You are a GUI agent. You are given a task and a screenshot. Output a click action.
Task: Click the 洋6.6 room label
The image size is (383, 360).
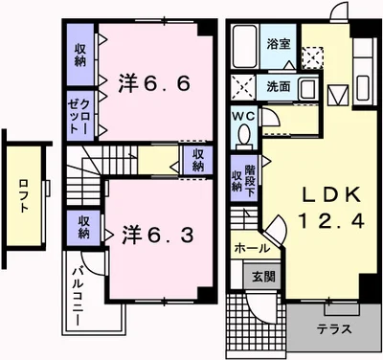tap(154, 83)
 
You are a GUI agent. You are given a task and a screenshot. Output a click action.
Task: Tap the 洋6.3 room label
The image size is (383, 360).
tap(158, 236)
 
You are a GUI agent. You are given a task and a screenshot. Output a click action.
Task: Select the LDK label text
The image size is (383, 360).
tap(332, 193)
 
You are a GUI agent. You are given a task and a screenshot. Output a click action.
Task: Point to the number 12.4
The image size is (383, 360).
tap(332, 220)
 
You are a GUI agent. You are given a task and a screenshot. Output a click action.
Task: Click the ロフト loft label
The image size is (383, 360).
tap(24, 196)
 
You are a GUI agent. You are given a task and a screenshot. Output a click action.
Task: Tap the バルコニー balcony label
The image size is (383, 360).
tap(78, 296)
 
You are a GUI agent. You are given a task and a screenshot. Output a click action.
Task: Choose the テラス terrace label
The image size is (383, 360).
tap(334, 328)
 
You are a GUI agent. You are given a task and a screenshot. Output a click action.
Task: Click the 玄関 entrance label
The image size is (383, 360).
tap(263, 277)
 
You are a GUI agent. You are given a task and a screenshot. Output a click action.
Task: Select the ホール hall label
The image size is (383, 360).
tap(252, 248)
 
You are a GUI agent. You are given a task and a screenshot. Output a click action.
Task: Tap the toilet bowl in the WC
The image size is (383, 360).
tap(245, 135)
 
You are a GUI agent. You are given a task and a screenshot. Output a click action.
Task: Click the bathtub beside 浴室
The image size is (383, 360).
tap(245, 46)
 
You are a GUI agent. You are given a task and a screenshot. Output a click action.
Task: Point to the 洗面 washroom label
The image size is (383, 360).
tap(279, 87)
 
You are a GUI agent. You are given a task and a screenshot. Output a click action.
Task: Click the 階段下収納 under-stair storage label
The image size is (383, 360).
tap(243, 179)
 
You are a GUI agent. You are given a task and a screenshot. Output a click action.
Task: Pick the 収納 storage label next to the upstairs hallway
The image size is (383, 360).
tap(198, 161)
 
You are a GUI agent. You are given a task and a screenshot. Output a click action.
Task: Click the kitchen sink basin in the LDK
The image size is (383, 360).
tap(363, 88)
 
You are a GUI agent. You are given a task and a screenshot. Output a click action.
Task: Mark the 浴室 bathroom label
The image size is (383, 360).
tap(279, 44)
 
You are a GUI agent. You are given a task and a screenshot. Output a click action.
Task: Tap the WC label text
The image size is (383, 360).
tap(243, 117)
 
